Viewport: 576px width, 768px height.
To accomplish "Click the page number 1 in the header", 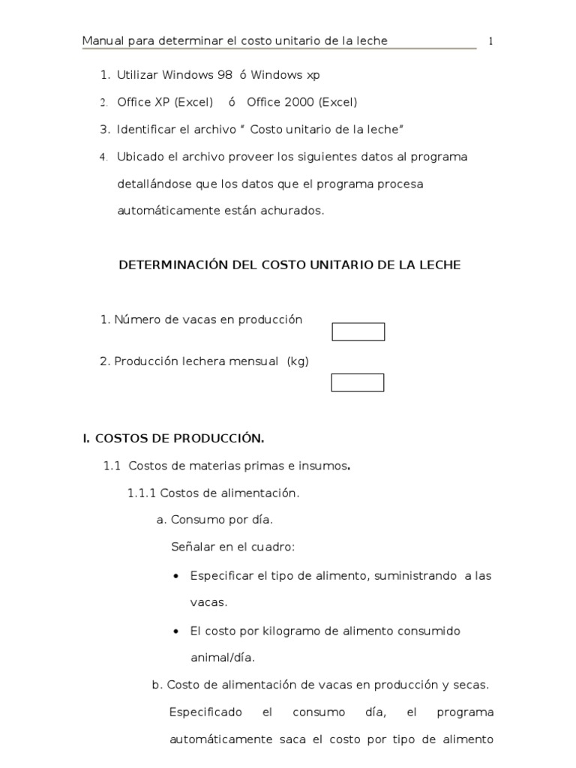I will click(x=490, y=41).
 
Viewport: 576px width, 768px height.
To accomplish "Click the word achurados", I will click(x=298, y=211).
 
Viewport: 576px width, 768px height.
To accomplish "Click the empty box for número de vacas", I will click(x=358, y=331).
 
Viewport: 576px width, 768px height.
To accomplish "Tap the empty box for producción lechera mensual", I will click(x=358, y=382).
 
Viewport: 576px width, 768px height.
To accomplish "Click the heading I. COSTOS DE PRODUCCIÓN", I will click(x=173, y=438).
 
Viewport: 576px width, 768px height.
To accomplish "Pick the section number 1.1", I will click(x=112, y=466).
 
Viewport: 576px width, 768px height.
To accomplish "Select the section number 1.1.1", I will click(x=141, y=493).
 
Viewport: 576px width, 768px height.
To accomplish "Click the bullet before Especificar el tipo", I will click(x=175, y=576).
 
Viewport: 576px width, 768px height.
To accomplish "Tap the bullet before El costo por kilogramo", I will click(x=175, y=631).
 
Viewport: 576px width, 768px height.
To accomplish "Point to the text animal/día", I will click(x=223, y=658).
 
